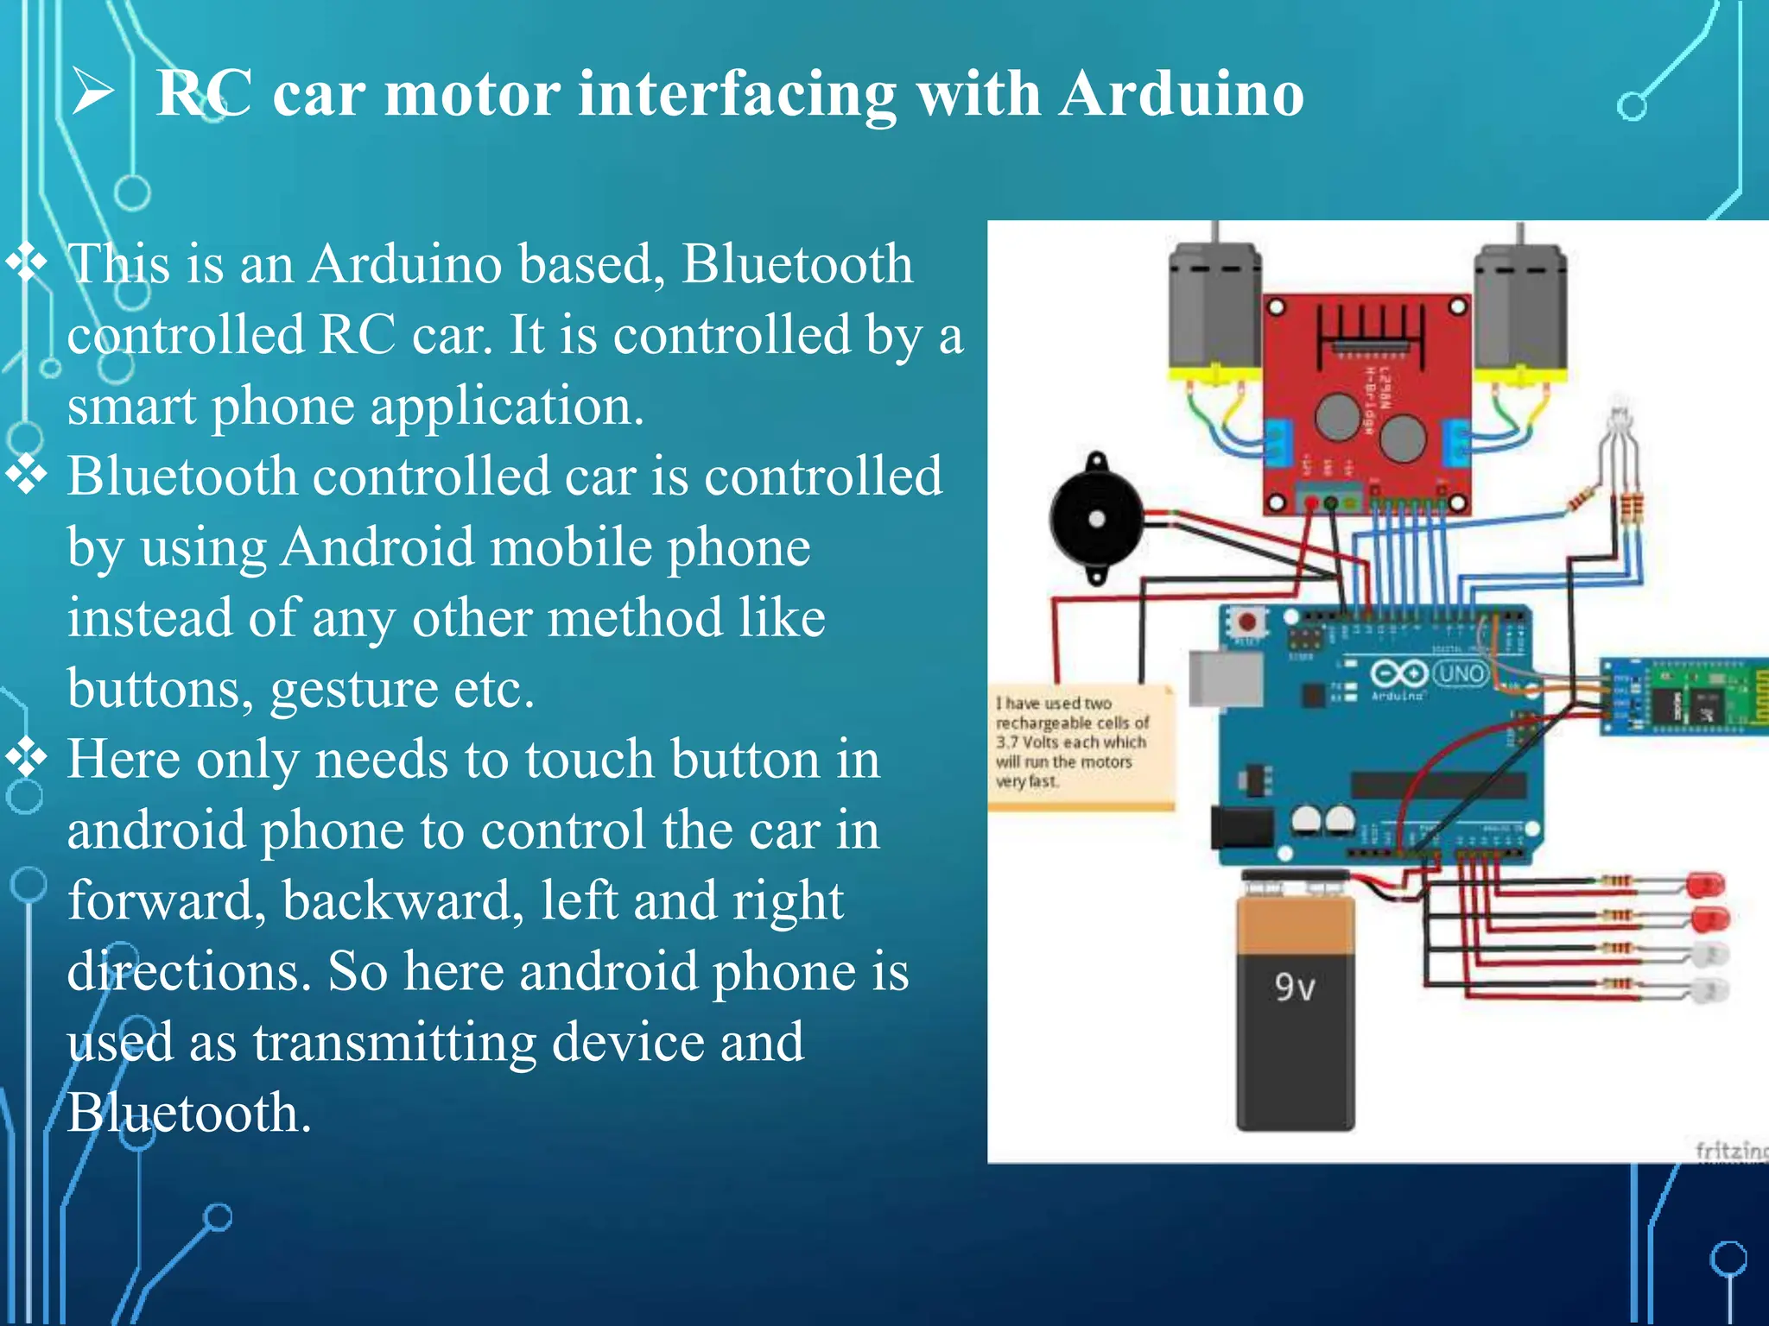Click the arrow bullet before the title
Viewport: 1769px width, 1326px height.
92,93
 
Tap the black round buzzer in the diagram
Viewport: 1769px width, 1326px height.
1096,518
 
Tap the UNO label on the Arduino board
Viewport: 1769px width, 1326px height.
1461,673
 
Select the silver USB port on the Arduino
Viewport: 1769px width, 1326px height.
1225,679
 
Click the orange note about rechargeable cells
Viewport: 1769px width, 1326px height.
1080,747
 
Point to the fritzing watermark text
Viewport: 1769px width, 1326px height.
1731,1151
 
